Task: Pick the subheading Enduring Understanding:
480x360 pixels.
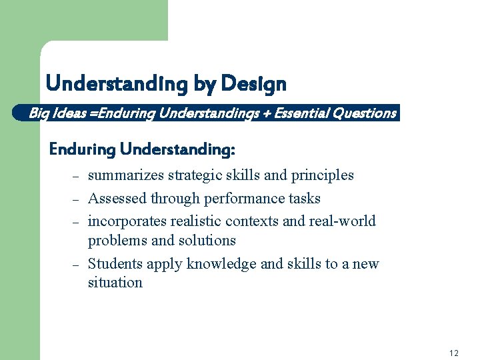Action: (x=142, y=149)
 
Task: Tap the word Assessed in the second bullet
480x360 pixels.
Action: (x=117, y=199)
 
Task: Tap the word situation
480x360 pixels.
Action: (x=115, y=283)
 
